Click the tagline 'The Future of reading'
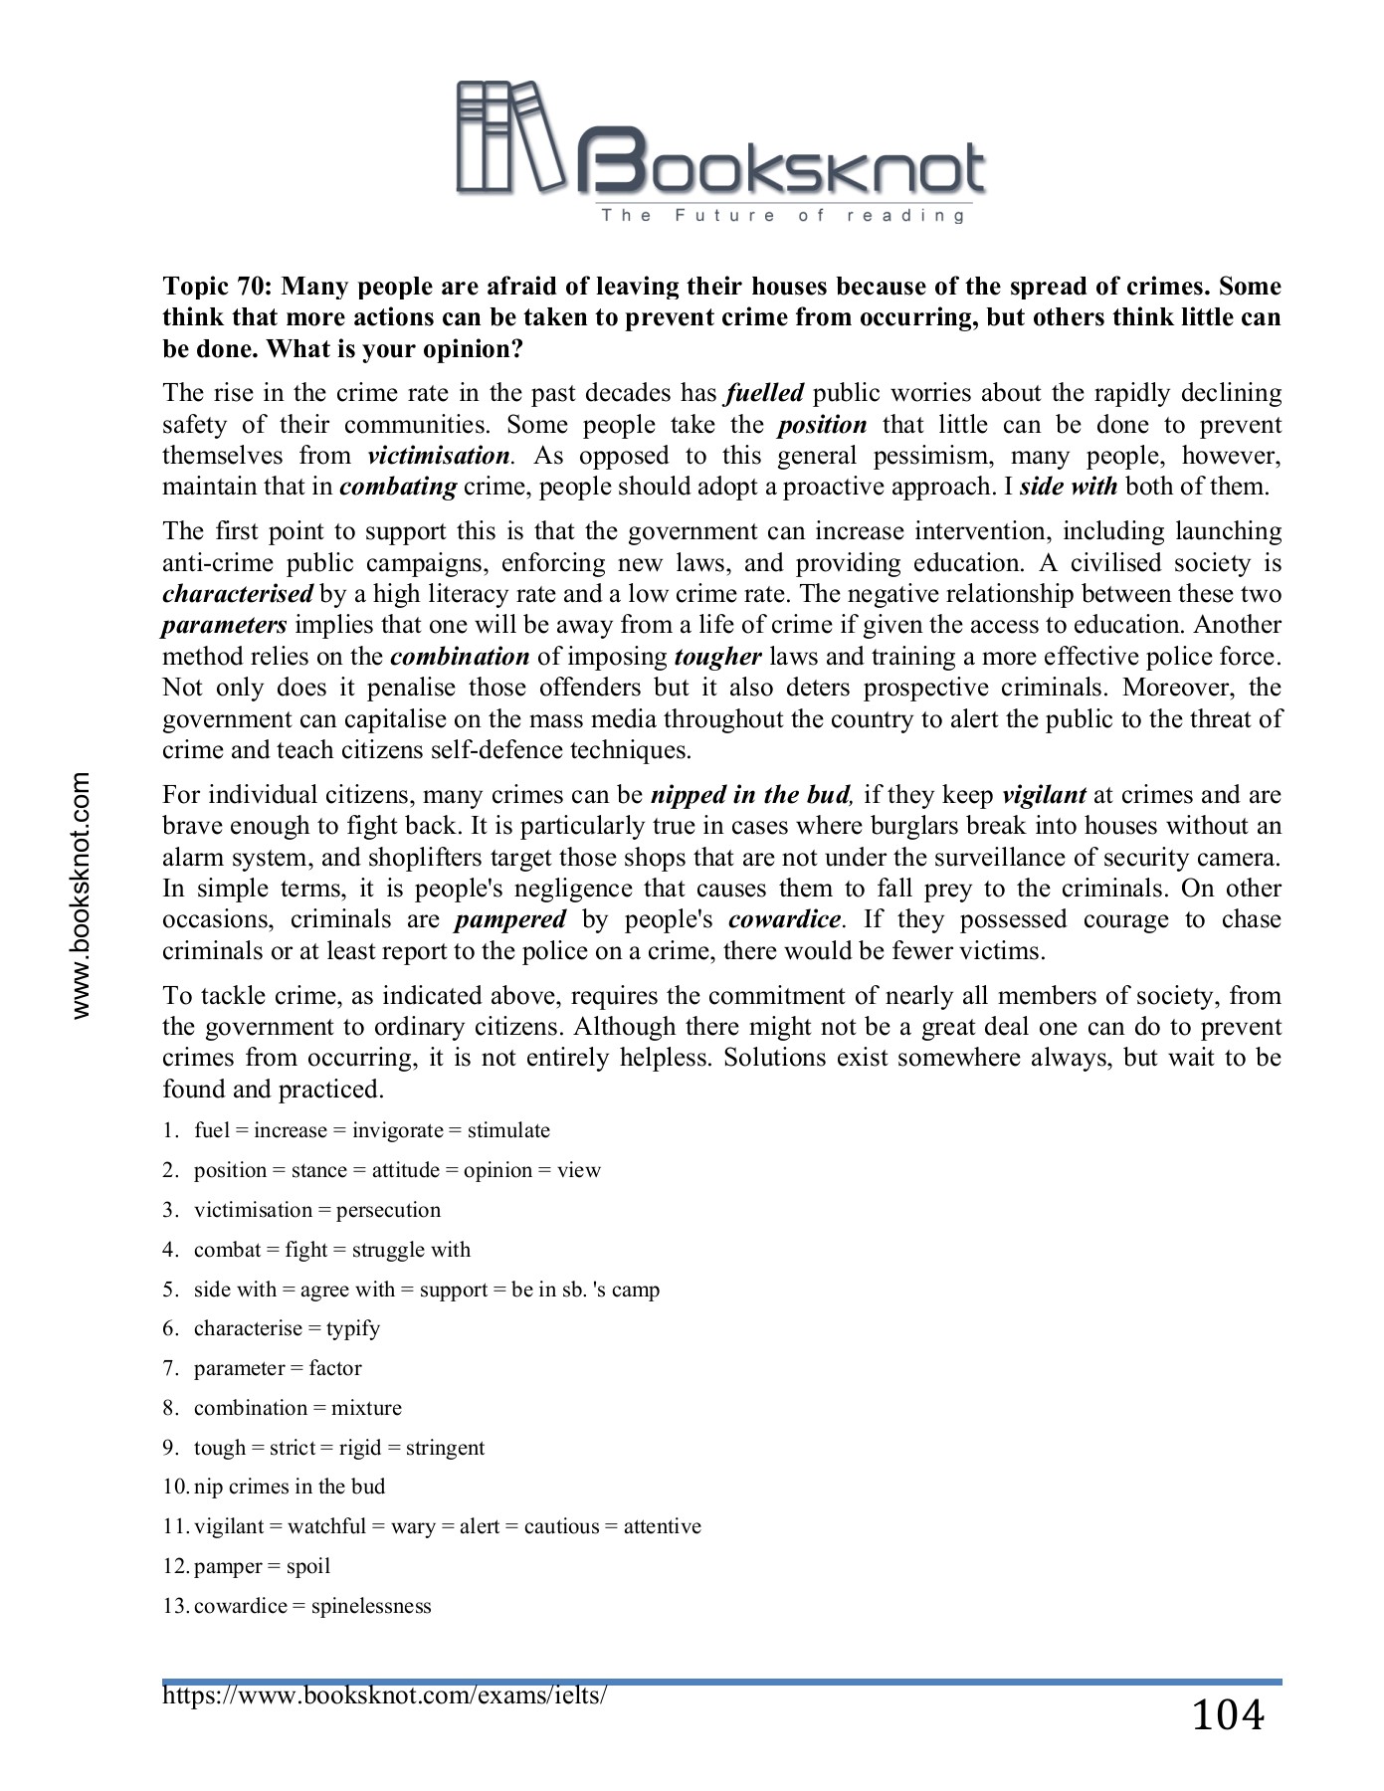(782, 215)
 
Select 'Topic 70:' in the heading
(218, 287)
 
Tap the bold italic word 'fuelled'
(764, 393)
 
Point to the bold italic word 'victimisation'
(438, 456)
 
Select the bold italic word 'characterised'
(237, 594)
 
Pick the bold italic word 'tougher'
(717, 657)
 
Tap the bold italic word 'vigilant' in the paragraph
(1043, 795)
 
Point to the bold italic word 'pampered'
(509, 919)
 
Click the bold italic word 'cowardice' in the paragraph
(784, 919)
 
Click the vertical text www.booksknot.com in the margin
(81, 895)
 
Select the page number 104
(1227, 1715)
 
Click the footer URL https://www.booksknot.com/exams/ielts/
(384, 1694)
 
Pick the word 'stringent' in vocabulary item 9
(445, 1448)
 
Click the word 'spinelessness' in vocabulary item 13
(371, 1606)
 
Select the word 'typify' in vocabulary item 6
(352, 1328)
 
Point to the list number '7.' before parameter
(170, 1368)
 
